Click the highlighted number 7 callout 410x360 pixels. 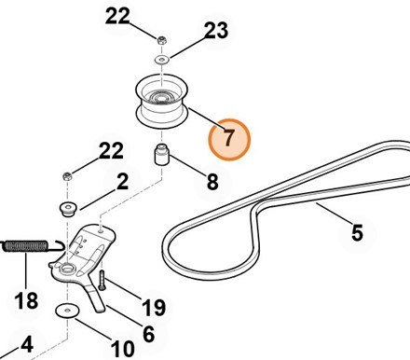tap(229, 140)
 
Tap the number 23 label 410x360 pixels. tap(216, 30)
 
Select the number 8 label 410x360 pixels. tap(212, 182)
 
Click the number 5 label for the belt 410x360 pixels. tap(357, 232)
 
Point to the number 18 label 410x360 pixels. tap(26, 300)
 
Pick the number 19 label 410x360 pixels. tap(154, 308)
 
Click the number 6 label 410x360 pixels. tap(148, 334)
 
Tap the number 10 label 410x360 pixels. tap(123, 349)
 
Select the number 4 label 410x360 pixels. tap(27, 344)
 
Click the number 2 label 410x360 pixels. tap(122, 182)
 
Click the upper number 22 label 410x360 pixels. tap(117, 16)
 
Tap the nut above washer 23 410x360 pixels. tap(161, 40)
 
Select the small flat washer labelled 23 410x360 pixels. tap(161, 59)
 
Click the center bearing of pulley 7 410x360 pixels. tap(161, 98)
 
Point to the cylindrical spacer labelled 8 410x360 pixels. tap(161, 155)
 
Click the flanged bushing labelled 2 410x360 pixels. tap(68, 209)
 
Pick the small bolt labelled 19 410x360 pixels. tap(102, 281)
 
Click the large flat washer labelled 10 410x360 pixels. tap(67, 311)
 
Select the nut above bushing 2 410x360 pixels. tap(67, 177)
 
